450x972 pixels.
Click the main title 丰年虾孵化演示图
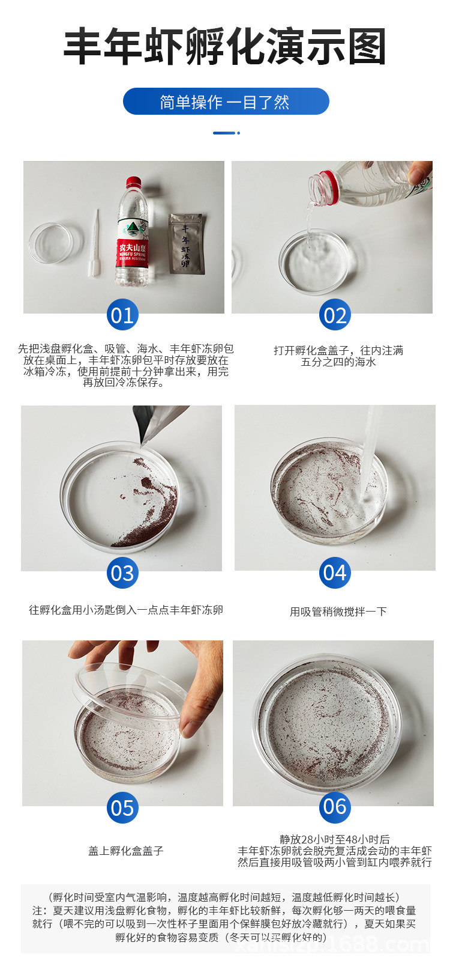(x=225, y=47)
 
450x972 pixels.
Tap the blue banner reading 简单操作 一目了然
(x=226, y=102)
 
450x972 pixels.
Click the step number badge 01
(x=122, y=315)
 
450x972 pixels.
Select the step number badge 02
(x=335, y=315)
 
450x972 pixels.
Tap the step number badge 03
(x=122, y=573)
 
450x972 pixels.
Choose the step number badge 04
(x=335, y=573)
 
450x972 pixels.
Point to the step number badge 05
(x=122, y=807)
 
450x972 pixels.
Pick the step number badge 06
(x=335, y=806)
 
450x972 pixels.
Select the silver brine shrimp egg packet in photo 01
(x=186, y=243)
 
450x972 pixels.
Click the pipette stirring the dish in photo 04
(x=367, y=457)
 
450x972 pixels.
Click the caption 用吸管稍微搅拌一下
(x=338, y=612)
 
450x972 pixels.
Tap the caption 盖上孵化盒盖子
(x=125, y=851)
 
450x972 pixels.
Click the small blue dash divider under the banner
(x=226, y=133)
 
